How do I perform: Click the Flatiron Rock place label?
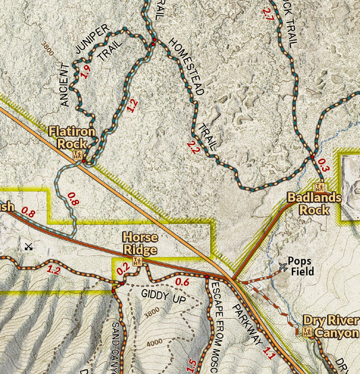[x=71, y=137]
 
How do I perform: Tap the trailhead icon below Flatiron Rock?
[x=78, y=156]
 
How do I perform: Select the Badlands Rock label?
[x=314, y=203]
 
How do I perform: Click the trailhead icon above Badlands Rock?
[x=321, y=188]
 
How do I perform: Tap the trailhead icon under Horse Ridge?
[x=138, y=261]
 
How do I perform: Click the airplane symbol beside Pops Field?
[x=282, y=267]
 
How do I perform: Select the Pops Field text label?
[x=301, y=265]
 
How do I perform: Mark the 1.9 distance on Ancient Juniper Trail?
[x=85, y=72]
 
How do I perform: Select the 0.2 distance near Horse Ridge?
[x=122, y=269]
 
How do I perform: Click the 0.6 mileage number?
[x=182, y=282]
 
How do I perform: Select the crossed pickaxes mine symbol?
[x=28, y=246]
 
